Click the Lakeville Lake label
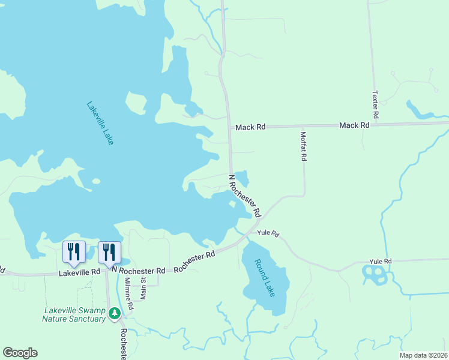100,123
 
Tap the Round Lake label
265,278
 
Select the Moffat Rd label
304,146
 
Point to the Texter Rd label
376,104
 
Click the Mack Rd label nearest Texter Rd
354,125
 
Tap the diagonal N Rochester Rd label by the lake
246,196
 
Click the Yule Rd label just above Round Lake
268,233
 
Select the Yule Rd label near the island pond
381,261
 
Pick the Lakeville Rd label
80,272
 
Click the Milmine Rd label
128,293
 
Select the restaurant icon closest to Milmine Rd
109,251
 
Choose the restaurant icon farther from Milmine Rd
74,251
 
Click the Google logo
20,353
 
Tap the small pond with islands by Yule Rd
375,275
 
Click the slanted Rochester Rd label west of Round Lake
194,262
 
